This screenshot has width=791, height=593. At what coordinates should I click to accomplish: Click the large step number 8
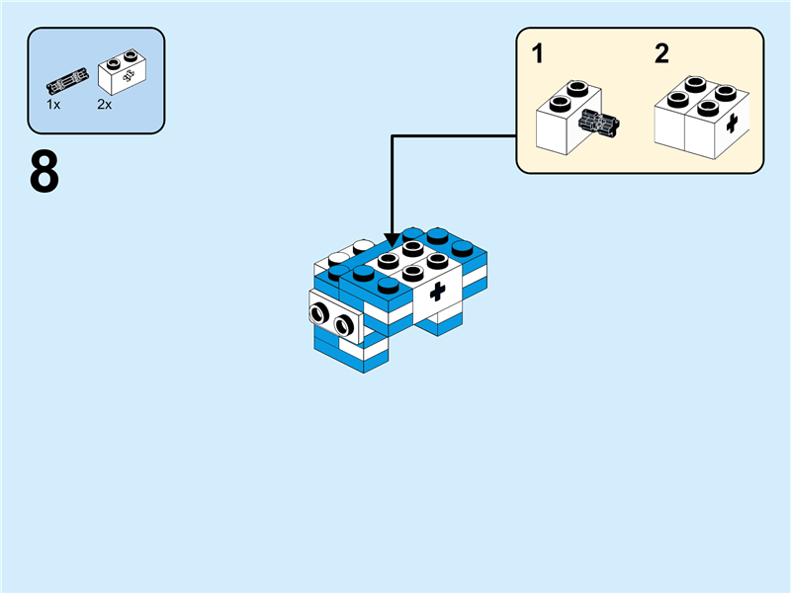pos(44,172)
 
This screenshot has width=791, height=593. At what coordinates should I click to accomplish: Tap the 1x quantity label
pos(53,105)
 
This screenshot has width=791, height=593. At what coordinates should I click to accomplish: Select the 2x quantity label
pos(105,105)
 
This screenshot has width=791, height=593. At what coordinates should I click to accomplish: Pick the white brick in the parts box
pos(122,72)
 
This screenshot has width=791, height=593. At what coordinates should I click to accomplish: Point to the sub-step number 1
pos(538,53)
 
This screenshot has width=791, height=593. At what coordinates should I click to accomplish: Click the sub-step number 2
pos(661,53)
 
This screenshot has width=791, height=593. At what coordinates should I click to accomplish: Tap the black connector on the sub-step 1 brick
pos(600,123)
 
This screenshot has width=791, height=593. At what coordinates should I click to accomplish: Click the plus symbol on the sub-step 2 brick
pos(732,123)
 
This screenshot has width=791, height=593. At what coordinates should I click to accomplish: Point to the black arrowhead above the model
pos(393,239)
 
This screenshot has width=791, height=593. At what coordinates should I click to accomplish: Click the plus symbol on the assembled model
pos(437,292)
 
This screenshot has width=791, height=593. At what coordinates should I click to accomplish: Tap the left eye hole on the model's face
pos(318,313)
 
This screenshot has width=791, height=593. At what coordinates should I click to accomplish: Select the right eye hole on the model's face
pos(343,325)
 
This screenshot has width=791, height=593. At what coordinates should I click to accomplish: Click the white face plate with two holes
pos(336,317)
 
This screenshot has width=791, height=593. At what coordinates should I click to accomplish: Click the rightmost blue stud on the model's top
pos(462,248)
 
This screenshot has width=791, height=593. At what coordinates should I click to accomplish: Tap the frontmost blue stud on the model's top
pos(389,285)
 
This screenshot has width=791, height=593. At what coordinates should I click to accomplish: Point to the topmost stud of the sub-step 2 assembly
pos(695,84)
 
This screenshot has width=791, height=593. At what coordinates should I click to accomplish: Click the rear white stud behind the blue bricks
pos(363,246)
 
